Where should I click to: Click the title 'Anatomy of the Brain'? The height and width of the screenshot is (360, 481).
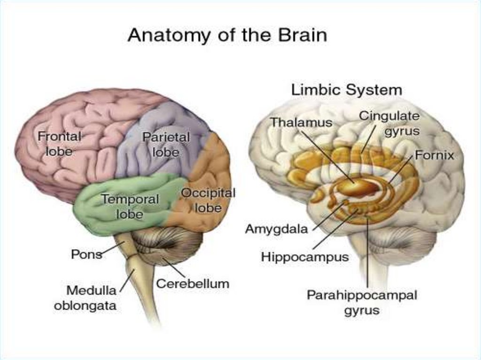coord(227,36)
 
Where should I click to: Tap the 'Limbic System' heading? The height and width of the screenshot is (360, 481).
coord(347,90)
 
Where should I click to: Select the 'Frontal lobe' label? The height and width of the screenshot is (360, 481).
coord(60,144)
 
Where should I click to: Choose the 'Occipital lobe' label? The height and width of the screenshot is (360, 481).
coord(208,200)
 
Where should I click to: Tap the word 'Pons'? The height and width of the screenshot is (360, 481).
coord(86,254)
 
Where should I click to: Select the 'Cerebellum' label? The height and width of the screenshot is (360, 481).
coord(193,283)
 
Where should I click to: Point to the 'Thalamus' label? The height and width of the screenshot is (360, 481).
coord(301,123)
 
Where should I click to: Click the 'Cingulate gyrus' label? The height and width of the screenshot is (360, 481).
coord(389,123)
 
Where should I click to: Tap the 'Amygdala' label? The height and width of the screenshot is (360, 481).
coord(277,229)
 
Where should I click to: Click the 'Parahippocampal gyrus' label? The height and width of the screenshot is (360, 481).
coord(362,303)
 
